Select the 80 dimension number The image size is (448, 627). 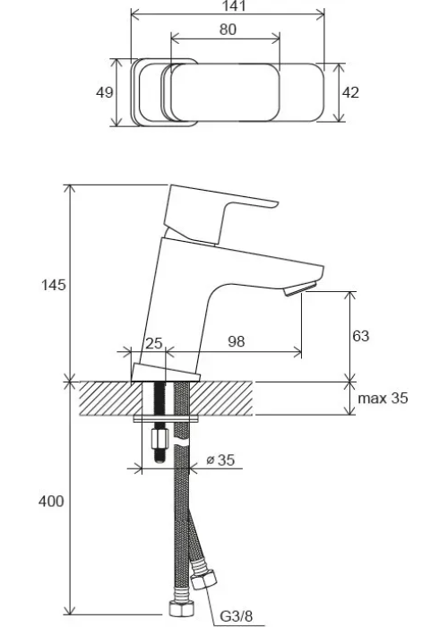click(228, 30)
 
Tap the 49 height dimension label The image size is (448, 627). click(105, 92)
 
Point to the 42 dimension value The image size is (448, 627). click(350, 92)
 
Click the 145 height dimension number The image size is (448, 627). click(54, 285)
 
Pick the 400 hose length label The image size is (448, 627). click(51, 501)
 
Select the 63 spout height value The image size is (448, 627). click(360, 336)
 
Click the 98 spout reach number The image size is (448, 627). click(237, 341)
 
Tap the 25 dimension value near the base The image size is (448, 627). click(153, 343)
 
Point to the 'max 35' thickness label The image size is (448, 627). click(383, 399)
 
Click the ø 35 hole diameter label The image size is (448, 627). click(220, 460)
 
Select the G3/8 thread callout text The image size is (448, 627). click(237, 616)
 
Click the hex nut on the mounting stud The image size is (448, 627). click(160, 439)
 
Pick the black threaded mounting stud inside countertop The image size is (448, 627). click(160, 399)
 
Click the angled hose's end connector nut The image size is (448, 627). click(203, 580)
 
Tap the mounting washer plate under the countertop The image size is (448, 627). click(166, 418)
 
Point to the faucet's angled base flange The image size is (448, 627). click(165, 374)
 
